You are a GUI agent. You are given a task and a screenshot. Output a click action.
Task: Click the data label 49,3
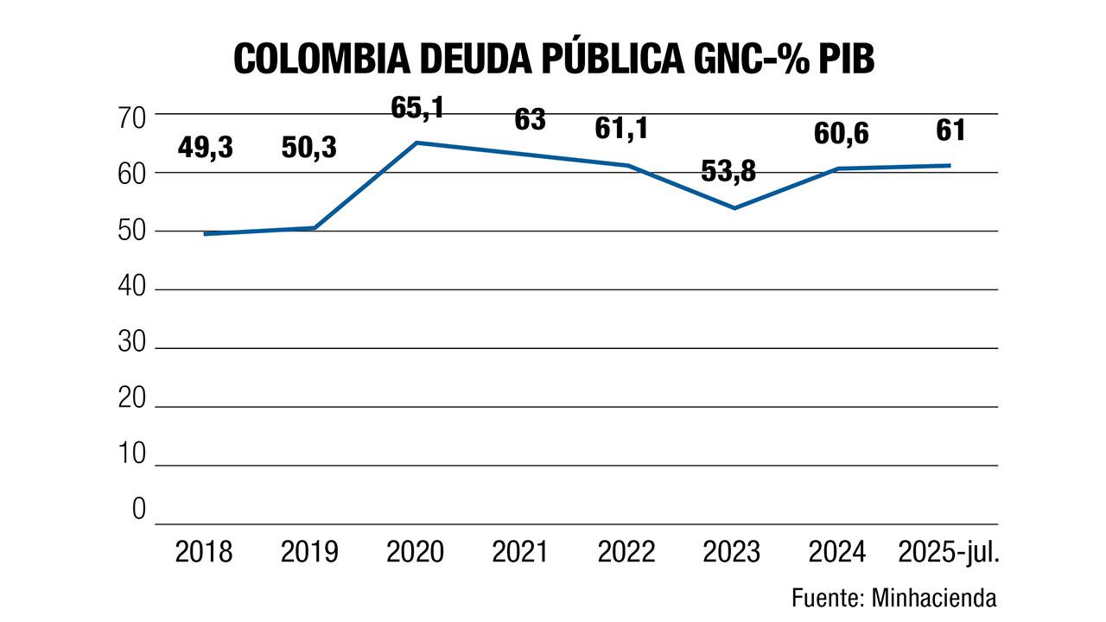click(x=206, y=148)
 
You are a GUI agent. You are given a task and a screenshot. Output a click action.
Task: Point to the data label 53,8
click(x=728, y=171)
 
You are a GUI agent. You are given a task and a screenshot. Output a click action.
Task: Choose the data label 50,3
click(x=309, y=148)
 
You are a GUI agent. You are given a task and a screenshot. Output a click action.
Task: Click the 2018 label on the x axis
click(x=204, y=551)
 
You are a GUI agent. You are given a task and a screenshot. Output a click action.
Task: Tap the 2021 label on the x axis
click(x=520, y=551)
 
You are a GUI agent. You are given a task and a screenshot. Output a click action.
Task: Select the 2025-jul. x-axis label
click(x=949, y=551)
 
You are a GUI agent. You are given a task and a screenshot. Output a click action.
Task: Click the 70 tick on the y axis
click(x=132, y=116)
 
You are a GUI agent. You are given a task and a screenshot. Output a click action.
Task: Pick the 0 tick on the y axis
click(x=139, y=510)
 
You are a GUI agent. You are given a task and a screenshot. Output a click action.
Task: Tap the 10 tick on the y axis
click(x=132, y=453)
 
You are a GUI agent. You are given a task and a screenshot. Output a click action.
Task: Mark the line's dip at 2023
click(x=734, y=208)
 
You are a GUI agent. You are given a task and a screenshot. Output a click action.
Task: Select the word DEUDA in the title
click(x=488, y=59)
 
